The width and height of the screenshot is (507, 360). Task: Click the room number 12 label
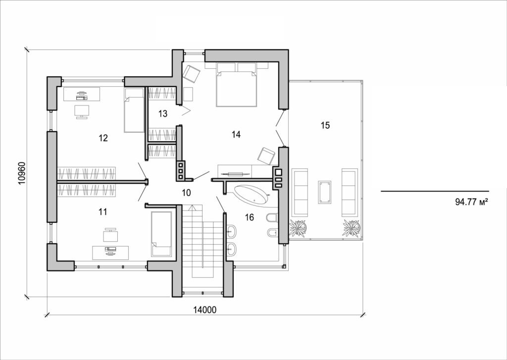[x=103, y=138]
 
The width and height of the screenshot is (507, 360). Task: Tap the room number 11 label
[x=103, y=211]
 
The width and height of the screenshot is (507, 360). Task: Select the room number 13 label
[x=163, y=113]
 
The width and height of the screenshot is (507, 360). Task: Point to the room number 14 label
[x=236, y=134]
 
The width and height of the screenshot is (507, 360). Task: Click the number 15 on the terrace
[x=325, y=125]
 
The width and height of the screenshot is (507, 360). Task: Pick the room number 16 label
[x=249, y=217]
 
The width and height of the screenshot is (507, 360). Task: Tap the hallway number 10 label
[x=186, y=193]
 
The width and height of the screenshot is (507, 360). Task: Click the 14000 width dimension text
[x=205, y=310]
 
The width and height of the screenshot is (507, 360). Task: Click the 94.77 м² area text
[x=471, y=202]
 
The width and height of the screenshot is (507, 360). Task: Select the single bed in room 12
[x=134, y=110]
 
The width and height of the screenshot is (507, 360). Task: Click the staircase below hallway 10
[x=202, y=243]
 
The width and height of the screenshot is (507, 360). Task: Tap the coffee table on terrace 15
[x=325, y=192]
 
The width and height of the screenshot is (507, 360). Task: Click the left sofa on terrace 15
[x=301, y=192]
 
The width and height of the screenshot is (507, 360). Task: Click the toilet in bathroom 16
[x=271, y=218]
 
